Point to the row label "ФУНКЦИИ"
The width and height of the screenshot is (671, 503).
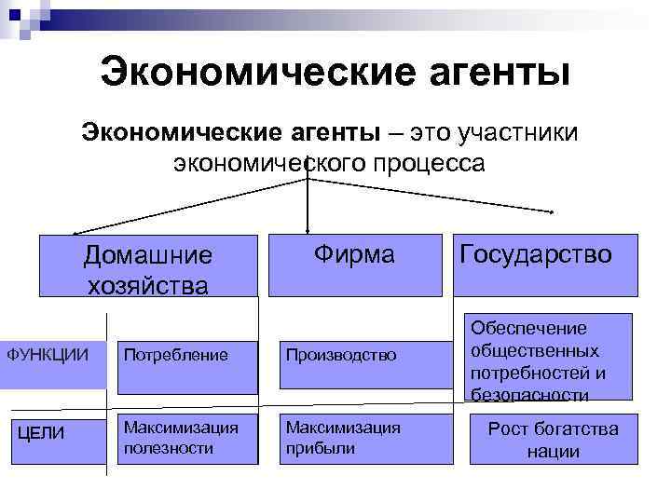pyautogui.click(x=48, y=354)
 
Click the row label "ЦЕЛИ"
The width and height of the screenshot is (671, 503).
pyautogui.click(x=40, y=433)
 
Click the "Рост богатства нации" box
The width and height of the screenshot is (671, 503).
pyautogui.click(x=554, y=439)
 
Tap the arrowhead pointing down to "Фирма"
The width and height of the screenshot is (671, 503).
pyautogui.click(x=308, y=228)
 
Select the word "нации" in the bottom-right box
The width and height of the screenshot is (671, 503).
pyautogui.click(x=554, y=452)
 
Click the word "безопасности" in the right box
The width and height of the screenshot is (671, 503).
pyautogui.click(x=530, y=395)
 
